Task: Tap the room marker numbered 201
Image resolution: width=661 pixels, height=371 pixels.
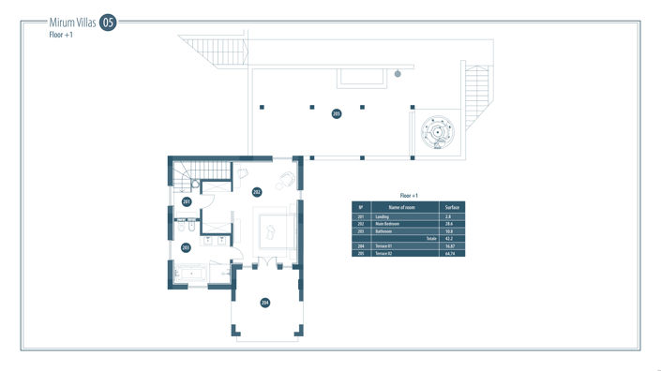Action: click(x=187, y=202)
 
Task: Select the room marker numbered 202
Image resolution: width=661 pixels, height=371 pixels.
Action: click(x=257, y=192)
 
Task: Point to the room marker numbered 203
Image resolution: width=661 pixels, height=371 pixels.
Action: click(x=186, y=247)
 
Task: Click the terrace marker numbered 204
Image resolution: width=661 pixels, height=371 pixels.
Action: click(x=265, y=303)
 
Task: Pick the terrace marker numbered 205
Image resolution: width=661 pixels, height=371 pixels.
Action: click(x=337, y=113)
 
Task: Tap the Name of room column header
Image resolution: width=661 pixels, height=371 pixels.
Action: click(x=401, y=206)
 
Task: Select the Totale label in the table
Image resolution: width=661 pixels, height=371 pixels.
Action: click(x=431, y=239)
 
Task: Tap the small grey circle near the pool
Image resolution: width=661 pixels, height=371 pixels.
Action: click(x=398, y=73)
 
